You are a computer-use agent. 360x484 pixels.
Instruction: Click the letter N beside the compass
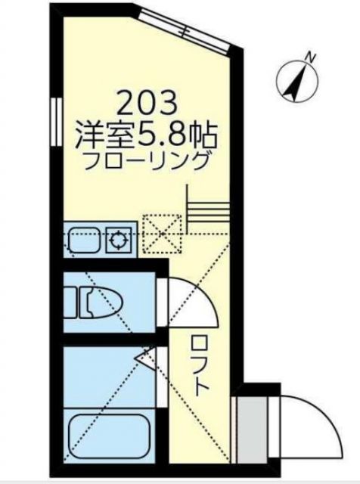[309, 56]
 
